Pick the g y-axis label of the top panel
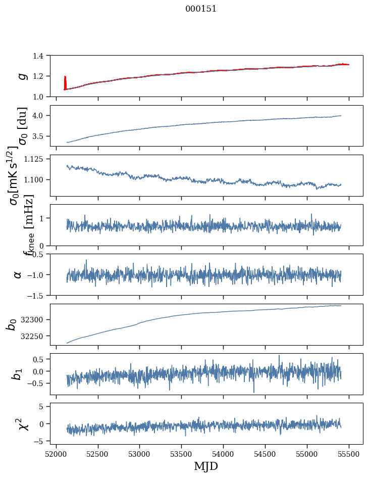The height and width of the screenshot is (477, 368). tap(21, 76)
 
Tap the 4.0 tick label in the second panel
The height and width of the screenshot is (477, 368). tap(40, 116)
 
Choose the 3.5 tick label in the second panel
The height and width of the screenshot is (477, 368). tap(40, 136)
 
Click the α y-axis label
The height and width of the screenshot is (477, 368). tap(18, 274)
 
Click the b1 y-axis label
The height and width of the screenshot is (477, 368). tap(18, 374)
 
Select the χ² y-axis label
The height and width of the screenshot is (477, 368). tap(21, 423)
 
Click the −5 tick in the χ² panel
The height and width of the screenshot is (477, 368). tap(40, 441)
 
